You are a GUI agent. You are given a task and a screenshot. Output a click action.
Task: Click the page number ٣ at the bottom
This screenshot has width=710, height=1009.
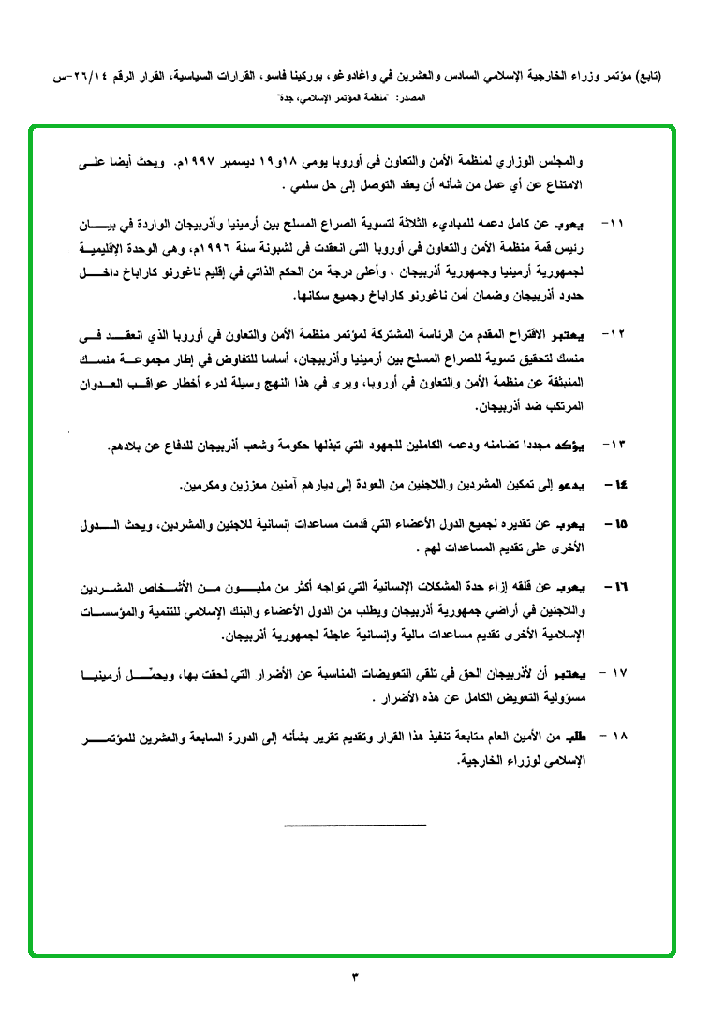[355, 978]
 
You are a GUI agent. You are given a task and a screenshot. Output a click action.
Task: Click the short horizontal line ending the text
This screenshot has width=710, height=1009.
[354, 825]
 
